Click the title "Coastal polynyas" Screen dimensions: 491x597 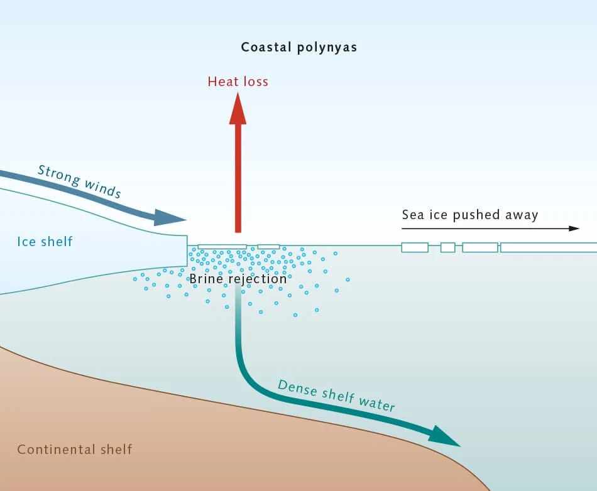pyautogui.click(x=299, y=47)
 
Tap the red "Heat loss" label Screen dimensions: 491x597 pyautogui.click(x=238, y=82)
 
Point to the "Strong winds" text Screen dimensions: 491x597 pyautogui.click(x=79, y=181)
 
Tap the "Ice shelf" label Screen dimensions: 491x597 pyautogui.click(x=45, y=241)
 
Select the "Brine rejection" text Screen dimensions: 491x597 pyautogui.click(x=238, y=279)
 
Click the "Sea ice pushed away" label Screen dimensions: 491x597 pyautogui.click(x=470, y=215)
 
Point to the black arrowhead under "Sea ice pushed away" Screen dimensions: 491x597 pyautogui.click(x=574, y=229)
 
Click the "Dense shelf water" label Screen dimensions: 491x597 pyautogui.click(x=336, y=396)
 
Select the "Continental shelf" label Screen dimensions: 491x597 pyautogui.click(x=75, y=450)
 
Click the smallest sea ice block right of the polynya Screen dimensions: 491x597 pyautogui.click(x=447, y=247)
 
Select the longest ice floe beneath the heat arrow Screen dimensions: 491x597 pyautogui.click(x=222, y=247)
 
